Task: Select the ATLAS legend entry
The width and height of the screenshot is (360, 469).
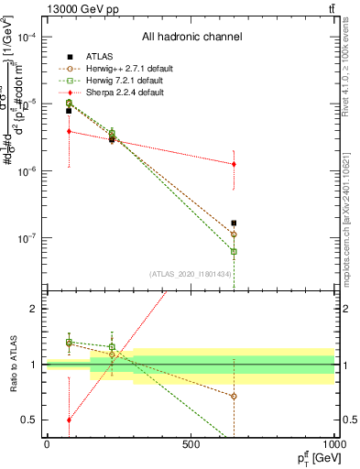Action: tap(88, 57)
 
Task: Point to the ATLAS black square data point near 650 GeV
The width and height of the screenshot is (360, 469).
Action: tap(234, 223)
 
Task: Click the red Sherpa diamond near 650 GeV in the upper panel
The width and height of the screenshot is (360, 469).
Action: tap(234, 164)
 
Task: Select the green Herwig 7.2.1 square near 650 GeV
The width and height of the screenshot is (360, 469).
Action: tap(234, 251)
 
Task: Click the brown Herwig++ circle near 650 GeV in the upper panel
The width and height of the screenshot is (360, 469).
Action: tap(234, 234)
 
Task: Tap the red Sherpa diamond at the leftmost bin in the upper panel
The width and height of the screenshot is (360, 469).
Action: tap(69, 131)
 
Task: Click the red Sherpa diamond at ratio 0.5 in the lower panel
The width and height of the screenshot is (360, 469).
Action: tap(69, 420)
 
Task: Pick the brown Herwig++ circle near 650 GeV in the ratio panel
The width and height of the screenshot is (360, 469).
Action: tap(234, 397)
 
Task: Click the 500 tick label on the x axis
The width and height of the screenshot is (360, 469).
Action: tap(191, 443)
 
